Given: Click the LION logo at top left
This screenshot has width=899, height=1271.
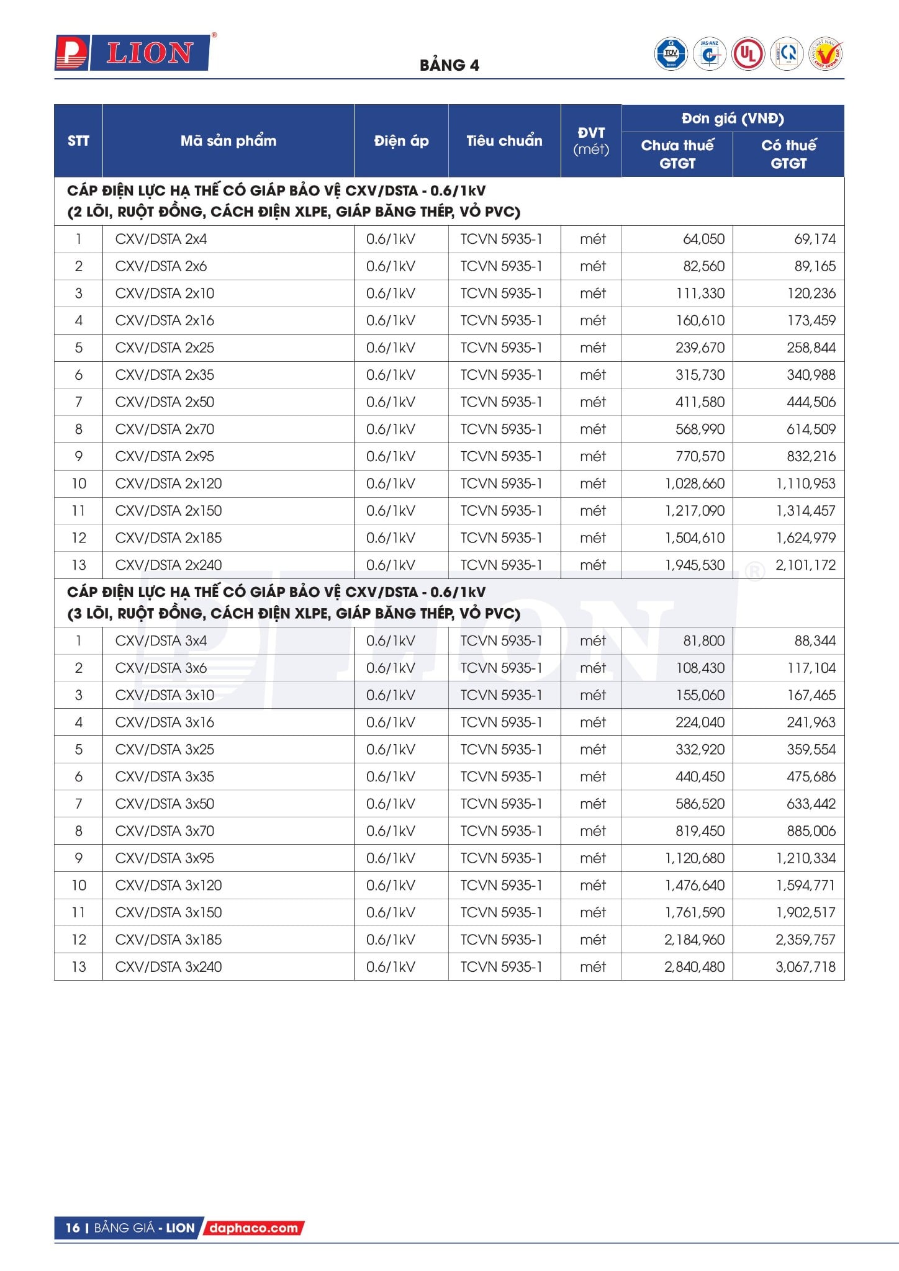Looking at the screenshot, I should coord(132,53).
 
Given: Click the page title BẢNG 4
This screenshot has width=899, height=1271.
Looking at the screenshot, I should coord(449,65).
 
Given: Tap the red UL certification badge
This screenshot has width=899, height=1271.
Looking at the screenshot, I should coord(748,54).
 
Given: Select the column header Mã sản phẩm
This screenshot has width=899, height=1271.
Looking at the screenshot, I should coord(228,141).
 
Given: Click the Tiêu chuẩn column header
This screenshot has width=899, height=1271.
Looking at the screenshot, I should coord(504,141).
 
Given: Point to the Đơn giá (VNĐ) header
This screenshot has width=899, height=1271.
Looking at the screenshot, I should coord(733,119).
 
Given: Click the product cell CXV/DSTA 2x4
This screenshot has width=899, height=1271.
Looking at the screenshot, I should coord(161,239).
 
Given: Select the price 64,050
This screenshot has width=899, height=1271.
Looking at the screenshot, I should coord(703,239).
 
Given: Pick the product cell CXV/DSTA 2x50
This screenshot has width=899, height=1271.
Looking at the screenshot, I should coord(165,402).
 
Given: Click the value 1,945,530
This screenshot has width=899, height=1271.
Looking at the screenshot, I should coord(695,565).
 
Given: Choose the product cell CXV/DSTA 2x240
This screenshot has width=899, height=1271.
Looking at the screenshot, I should coord(168,565).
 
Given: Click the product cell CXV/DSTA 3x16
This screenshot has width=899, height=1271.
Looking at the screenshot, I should coord(165,722).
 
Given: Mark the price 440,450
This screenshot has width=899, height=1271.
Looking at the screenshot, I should coord(700,776).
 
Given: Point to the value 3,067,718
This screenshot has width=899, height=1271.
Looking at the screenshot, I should coord(805,967).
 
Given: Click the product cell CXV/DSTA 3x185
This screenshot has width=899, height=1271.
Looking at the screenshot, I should coord(168,940).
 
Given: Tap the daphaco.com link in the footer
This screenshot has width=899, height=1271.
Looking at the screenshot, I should coord(253,1228).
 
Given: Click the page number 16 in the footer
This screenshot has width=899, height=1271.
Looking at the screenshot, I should coord(73,1228).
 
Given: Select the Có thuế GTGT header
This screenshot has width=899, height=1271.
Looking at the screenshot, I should coord(788,154).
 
